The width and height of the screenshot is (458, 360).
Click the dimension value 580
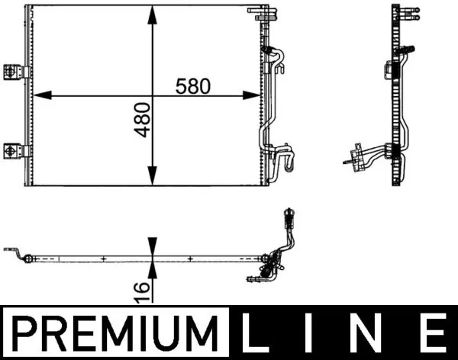click(x=192, y=86)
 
